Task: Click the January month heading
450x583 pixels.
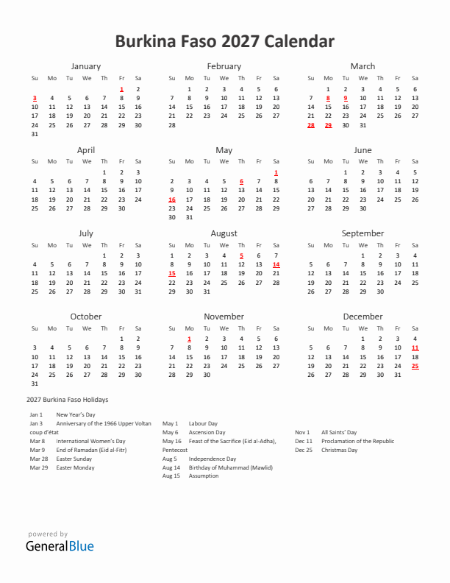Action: pos(86,66)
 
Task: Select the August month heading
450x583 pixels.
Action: pos(224,233)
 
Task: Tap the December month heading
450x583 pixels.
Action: pos(362,317)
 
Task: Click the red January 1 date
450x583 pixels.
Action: pos(121,89)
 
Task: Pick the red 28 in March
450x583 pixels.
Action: pos(310,125)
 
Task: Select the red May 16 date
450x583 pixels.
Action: pos(172,199)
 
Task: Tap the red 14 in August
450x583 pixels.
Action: pos(276,264)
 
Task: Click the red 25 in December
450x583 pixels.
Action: pos(415,366)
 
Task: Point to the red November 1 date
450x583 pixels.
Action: pos(190,339)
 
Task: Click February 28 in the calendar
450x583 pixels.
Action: pos(172,125)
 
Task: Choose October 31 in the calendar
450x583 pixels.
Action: pos(34,384)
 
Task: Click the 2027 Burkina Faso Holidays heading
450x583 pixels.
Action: pos(67,400)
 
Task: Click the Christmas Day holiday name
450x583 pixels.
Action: pos(339,450)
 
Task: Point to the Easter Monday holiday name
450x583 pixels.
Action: pos(75,467)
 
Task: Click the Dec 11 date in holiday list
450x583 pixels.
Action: pos(304,441)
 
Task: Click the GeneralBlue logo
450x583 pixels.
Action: pos(60,546)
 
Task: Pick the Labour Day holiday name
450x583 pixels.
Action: pos(203,424)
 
